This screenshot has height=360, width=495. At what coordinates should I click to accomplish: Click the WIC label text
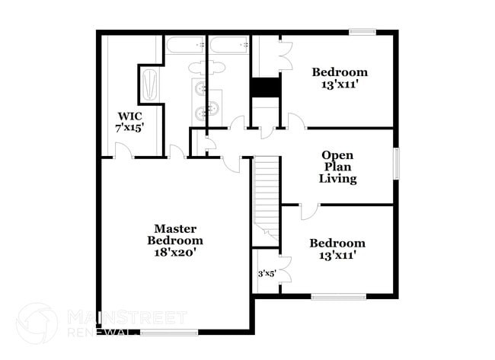(126, 116)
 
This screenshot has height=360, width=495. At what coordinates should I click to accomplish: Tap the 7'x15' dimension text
(130, 128)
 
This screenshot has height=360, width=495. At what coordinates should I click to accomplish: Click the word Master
(176, 228)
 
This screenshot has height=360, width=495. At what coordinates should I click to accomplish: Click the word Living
(338, 179)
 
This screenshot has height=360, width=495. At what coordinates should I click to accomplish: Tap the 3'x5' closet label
(266, 273)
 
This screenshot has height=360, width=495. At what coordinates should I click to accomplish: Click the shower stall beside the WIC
(150, 84)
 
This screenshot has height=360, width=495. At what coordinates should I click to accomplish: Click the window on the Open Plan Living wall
(396, 164)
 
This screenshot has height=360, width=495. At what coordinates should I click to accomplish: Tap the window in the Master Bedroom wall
(169, 332)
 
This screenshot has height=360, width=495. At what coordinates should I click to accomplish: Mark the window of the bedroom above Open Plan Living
(363, 32)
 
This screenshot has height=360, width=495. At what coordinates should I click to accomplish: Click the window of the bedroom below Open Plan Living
(339, 297)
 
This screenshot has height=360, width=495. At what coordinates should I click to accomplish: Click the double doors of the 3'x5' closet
(282, 273)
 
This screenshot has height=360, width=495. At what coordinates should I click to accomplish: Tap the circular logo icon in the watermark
(36, 323)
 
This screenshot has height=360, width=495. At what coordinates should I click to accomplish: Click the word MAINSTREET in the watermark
(126, 316)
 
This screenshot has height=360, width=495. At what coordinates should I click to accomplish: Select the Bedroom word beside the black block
(340, 72)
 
